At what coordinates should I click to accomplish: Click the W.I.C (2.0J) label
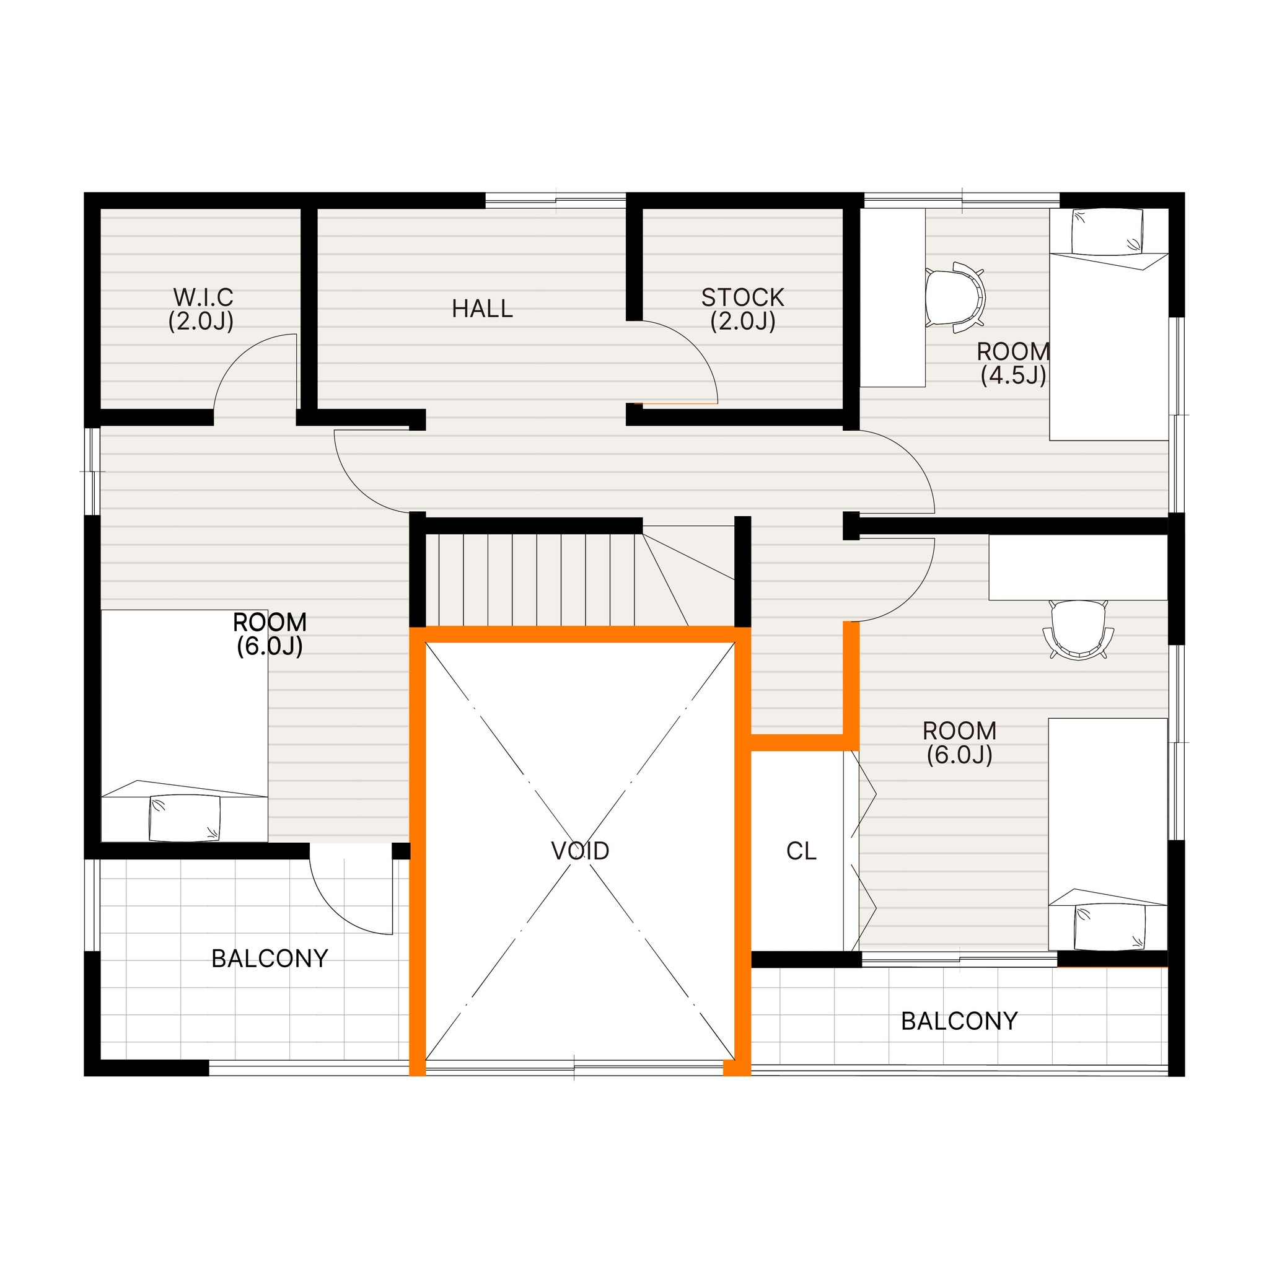(202, 309)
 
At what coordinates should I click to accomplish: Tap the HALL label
(482, 309)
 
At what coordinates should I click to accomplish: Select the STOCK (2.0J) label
(743, 309)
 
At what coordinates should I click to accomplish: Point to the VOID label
(580, 851)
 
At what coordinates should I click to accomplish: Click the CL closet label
(801, 851)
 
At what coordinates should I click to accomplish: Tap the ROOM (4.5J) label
(1013, 363)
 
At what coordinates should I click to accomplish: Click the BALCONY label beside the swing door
(270, 959)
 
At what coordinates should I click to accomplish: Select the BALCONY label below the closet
(959, 1021)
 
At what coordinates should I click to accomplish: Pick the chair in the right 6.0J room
(1078, 630)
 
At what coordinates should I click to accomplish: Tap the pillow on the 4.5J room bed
(1107, 231)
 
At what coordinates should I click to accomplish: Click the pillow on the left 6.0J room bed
(185, 818)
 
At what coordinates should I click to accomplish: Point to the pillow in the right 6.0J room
(1109, 928)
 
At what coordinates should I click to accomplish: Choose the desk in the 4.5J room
(893, 297)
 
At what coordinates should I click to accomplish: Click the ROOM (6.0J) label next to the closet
(959, 742)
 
